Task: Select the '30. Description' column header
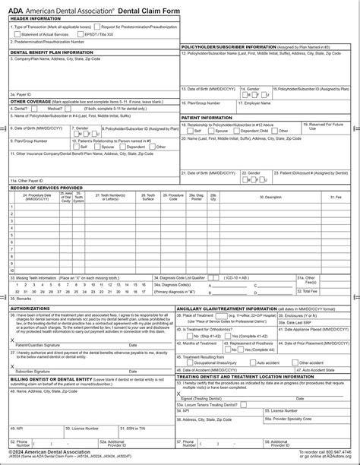coord(272,197)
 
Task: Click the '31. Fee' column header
coord(336,197)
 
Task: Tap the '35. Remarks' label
coord(21,298)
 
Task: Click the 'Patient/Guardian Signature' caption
coord(38,344)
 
